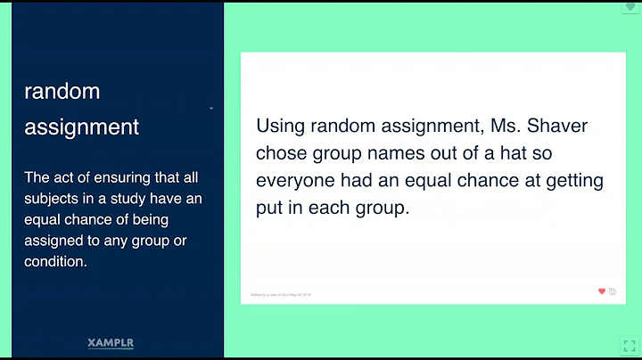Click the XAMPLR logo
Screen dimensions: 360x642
[111, 342]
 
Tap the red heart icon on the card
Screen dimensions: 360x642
[602, 291]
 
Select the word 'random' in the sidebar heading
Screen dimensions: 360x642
[62, 91]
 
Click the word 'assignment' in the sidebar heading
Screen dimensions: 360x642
[82, 127]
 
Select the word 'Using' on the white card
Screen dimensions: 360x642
[282, 126]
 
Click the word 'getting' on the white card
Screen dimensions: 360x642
[574, 181]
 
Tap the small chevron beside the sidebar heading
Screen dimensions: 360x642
[211, 109]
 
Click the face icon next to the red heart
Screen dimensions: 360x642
[613, 291]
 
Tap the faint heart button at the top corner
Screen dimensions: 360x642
[631, 6]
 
